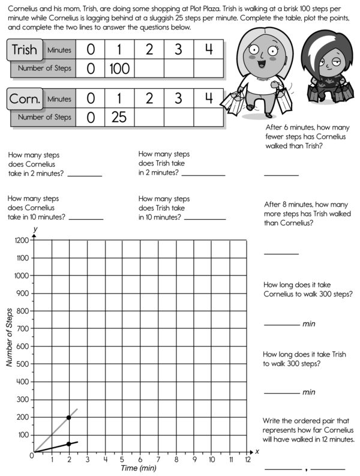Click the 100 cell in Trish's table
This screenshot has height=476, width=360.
pos(120,68)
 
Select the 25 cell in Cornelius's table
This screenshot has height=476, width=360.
pos(120,116)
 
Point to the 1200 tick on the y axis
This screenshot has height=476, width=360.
pos(21,241)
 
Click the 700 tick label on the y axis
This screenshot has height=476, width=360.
pos(21,328)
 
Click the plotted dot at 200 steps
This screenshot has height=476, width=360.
pos(69,417)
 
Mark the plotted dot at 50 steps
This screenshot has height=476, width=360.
pos(69,444)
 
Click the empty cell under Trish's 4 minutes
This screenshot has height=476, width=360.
pos(209,68)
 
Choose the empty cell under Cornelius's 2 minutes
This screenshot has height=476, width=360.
pos(149,116)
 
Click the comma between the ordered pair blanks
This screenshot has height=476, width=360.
pos(306,468)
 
